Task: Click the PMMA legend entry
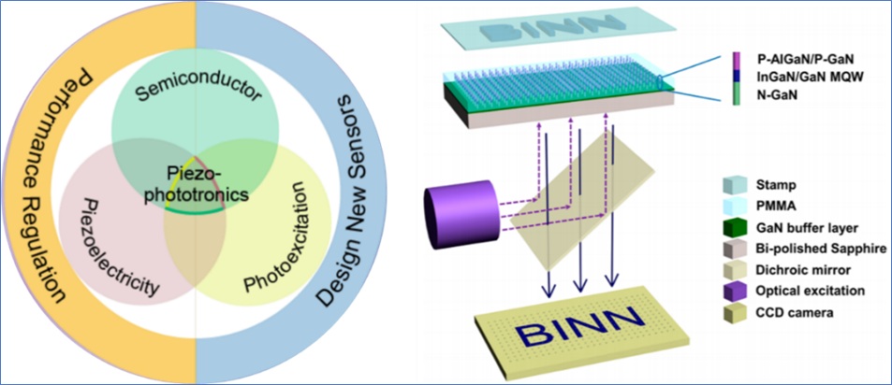(778, 204)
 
